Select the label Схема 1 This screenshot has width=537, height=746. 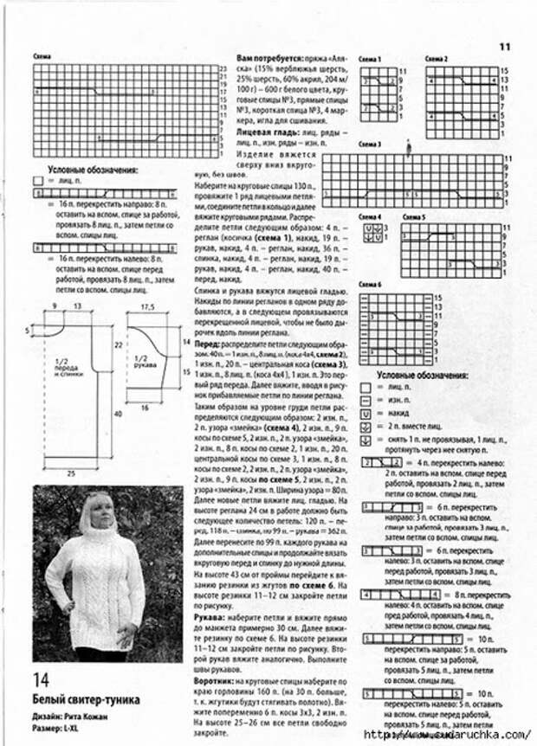coord(370,58)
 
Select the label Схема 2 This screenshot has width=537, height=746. coord(436,58)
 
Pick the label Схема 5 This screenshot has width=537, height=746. coord(412,216)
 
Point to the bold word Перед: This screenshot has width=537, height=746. coord(205,344)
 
